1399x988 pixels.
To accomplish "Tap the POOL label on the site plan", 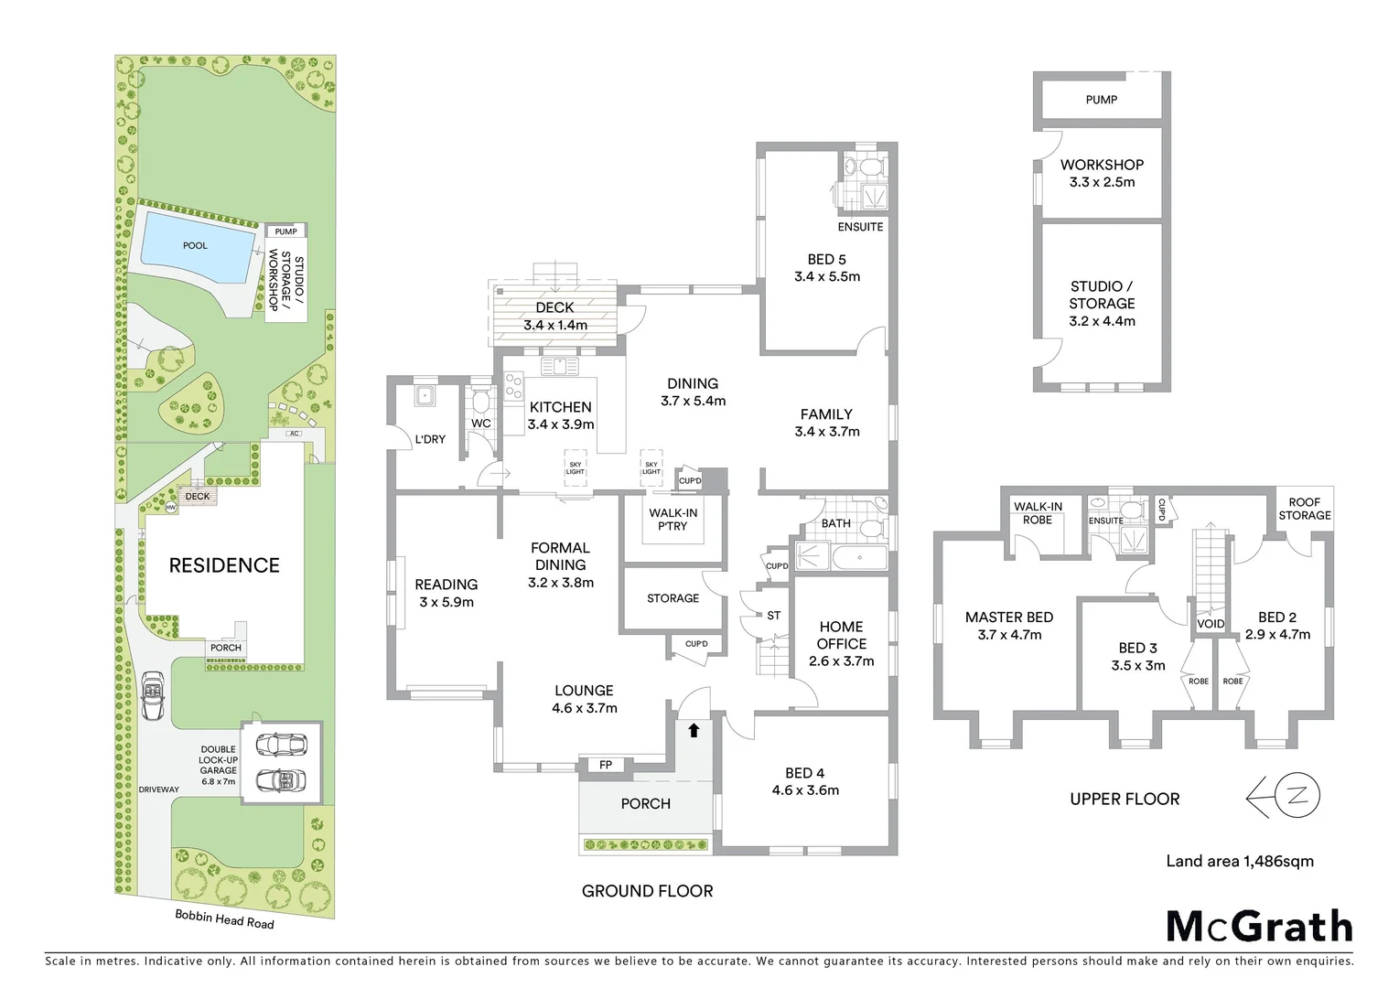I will pos(195,245).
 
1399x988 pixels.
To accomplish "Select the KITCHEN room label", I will pos(560,407).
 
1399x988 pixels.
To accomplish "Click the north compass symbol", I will pos(1285,797).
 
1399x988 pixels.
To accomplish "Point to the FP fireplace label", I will pos(606,765).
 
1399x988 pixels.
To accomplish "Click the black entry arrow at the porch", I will pos(694,730).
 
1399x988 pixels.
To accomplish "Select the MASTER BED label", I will pos(1009,617).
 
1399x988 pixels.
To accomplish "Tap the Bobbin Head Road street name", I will pos(224,919).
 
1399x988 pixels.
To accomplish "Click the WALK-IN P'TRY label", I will pos(673,520).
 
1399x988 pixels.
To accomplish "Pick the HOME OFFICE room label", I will pos(841,635).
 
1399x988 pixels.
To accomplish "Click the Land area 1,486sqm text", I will pos(1239,861).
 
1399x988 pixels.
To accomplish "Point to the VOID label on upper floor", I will pos(1211,624).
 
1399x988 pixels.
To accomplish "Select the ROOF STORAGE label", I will pos(1304,509).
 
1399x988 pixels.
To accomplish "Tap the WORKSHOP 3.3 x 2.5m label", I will pos(1102,173).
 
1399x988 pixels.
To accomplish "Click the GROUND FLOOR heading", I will pos(647,891).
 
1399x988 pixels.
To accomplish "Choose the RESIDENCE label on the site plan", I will pos(224,565).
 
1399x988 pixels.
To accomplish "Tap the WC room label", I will pos(480,424).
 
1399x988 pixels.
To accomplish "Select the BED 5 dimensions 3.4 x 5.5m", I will pos(827,276).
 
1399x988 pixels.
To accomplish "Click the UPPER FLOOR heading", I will pos(1125,799).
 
